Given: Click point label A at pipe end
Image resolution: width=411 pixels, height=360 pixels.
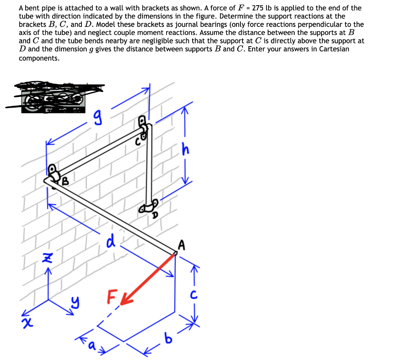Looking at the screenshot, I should pyautogui.click(x=182, y=245).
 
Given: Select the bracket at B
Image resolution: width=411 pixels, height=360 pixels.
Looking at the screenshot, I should pyautogui.click(x=53, y=173).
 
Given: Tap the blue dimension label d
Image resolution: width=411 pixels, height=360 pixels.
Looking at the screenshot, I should pyautogui.click(x=111, y=242).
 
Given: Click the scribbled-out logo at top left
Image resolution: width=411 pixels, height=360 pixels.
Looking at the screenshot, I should pyautogui.click(x=54, y=97).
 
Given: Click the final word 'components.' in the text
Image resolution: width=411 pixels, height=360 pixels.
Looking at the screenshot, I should pyautogui.click(x=39, y=58).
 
